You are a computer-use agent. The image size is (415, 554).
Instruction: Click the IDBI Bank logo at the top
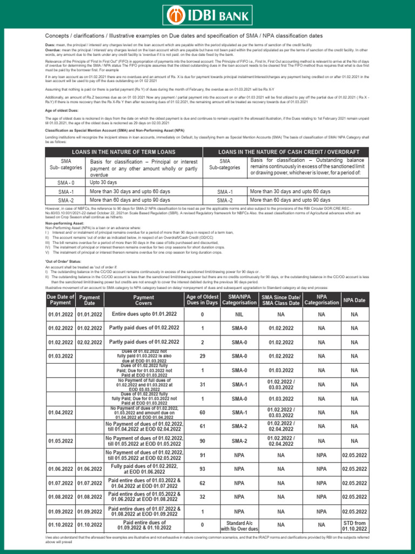(207, 14)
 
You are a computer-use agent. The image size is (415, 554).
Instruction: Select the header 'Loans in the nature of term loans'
(124, 152)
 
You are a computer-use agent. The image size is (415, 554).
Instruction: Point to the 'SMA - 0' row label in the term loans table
(66, 183)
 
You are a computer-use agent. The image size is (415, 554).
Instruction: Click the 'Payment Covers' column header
(143, 300)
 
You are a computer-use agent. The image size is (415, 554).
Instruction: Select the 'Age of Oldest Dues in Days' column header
(202, 300)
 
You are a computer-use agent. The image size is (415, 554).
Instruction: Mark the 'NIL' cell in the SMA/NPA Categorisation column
(239, 314)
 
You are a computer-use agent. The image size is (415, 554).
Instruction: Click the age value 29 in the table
(202, 356)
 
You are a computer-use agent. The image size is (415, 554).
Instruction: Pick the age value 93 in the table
(202, 469)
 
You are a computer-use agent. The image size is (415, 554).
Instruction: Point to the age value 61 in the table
(202, 426)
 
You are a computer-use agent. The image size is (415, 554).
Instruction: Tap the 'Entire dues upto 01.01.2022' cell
(143, 314)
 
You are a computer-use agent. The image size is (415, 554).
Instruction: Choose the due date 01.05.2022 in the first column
(59, 440)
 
